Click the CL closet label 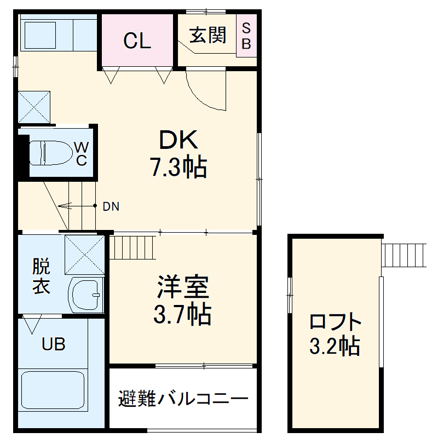tap(137, 41)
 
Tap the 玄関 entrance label tap(208, 36)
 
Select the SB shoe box tap(246, 36)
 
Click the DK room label tap(178, 142)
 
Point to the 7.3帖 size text tap(178, 166)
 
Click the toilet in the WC tap(52, 152)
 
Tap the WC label tap(81, 153)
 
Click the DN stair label tap(111, 207)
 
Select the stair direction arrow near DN tap(74, 206)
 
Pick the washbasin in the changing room tap(87, 295)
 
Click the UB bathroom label tap(54, 344)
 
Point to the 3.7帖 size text tap(182, 314)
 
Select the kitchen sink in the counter tap(43, 34)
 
